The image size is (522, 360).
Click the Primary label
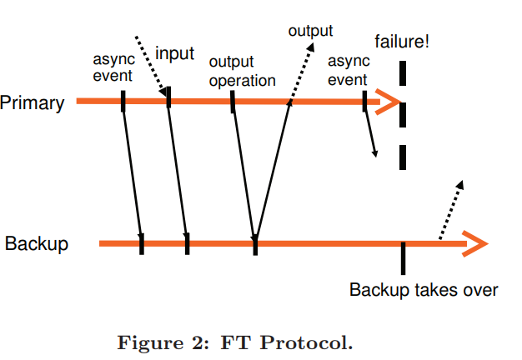point(33,103)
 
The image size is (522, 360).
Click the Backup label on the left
point(36,244)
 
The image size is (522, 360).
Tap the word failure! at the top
point(402,41)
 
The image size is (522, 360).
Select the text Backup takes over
point(424,290)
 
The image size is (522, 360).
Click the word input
point(174,54)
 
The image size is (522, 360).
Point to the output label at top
point(310,31)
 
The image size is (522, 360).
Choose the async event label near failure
point(347,71)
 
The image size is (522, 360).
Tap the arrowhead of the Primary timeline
point(389,102)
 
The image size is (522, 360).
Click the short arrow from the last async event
point(371,133)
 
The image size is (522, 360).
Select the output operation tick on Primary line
point(233,101)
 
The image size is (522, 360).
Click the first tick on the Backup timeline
point(142,243)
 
